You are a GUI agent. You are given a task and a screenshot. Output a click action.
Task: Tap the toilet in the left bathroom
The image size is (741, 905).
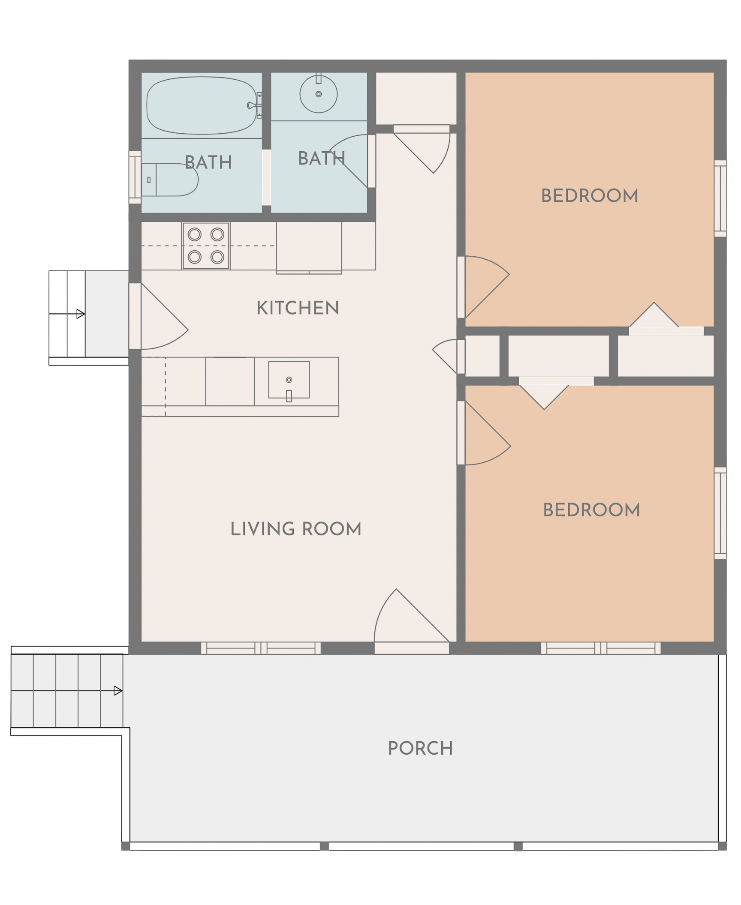170,180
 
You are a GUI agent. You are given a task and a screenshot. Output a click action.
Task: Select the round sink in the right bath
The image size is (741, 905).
318,94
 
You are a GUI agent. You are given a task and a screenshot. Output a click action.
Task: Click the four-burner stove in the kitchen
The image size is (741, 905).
206,246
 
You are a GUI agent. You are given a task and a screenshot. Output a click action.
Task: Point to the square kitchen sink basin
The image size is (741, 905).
289,380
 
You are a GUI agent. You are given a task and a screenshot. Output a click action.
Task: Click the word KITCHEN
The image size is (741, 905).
298,308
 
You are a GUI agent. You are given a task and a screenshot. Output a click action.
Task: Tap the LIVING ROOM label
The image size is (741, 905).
296,529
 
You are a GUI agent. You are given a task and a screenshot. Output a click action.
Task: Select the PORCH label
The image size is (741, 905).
420,749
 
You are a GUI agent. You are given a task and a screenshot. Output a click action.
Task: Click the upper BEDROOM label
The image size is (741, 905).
590,196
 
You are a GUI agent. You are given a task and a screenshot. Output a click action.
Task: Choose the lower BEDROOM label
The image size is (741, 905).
591,510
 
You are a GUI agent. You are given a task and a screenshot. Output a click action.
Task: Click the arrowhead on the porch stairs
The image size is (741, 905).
118,691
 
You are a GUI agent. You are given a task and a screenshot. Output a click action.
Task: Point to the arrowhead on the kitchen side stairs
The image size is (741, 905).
81,314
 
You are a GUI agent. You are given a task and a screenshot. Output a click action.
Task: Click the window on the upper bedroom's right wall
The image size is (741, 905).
720,198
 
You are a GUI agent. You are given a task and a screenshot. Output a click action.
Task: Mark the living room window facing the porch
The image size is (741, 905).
261,648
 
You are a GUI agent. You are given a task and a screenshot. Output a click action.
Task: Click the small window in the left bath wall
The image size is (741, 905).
135,177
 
